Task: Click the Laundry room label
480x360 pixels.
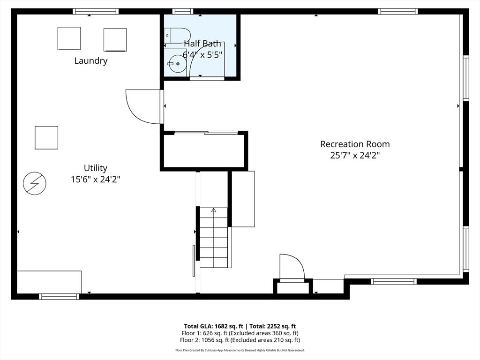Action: point(91,61)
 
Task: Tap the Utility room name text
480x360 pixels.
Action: point(96,168)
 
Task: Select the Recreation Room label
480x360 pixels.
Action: point(355,144)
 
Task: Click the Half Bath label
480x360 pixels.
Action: point(202,44)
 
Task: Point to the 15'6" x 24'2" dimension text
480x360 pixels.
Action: point(96,179)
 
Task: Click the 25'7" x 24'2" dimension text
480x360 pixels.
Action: point(355,156)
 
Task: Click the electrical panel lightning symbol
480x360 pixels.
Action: point(35,183)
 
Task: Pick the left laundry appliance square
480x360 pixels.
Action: point(69,38)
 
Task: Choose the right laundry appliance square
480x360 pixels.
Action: point(115,40)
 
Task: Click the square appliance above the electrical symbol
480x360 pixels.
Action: point(46,138)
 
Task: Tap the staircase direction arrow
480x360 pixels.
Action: point(214,210)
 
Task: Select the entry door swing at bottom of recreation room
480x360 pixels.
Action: point(292,267)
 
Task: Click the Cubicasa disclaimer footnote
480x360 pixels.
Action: point(240,350)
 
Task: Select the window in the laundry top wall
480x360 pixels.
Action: point(96,11)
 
